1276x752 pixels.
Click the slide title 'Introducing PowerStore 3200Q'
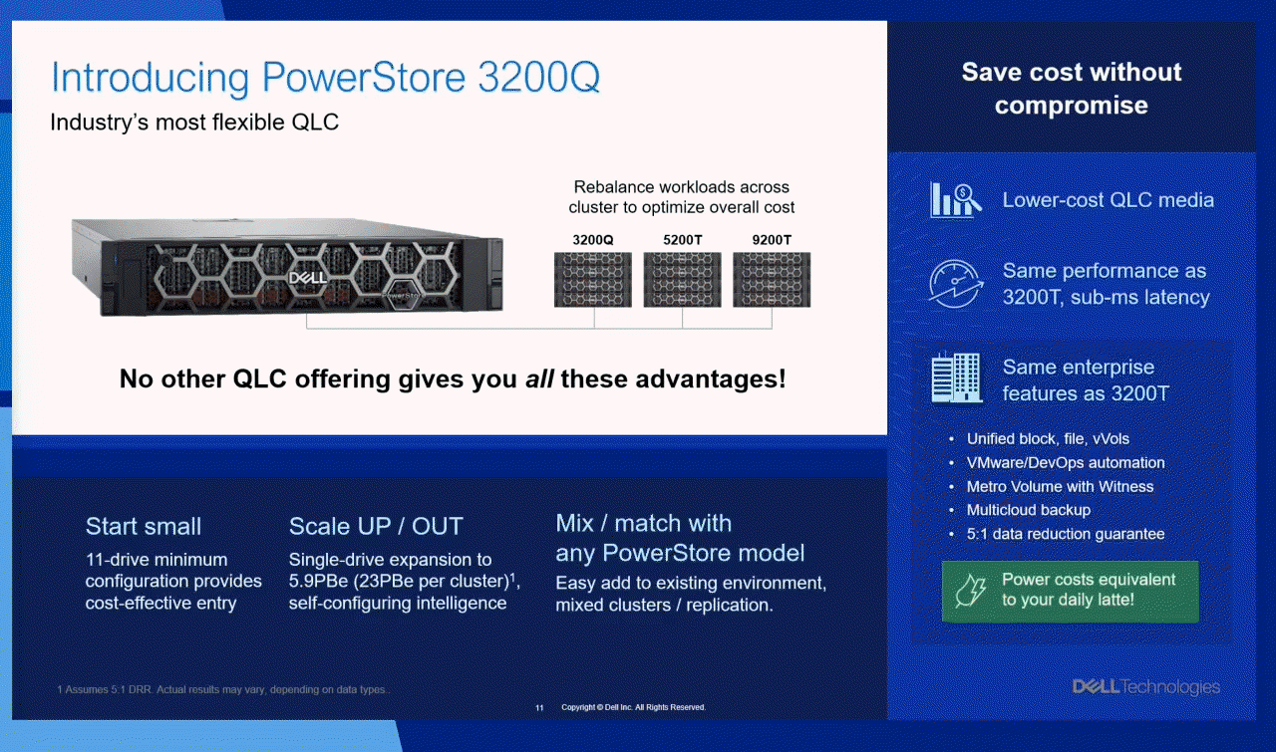point(325,78)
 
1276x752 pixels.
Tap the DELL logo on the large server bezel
point(308,278)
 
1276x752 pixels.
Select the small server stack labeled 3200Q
point(593,280)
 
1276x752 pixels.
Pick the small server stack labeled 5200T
point(683,280)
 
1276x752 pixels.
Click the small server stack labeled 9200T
point(772,280)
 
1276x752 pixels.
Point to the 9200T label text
point(772,240)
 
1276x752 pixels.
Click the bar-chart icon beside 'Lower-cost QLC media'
point(955,200)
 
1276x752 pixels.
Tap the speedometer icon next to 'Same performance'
point(955,284)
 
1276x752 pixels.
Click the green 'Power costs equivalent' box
point(1071,591)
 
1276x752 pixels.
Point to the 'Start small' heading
point(144,526)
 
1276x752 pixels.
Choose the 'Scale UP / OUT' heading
point(376,526)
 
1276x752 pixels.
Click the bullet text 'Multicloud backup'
point(1029,510)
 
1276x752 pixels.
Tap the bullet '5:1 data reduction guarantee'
point(1066,534)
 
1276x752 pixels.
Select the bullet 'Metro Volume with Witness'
point(1060,487)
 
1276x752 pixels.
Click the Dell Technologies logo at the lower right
point(1146,687)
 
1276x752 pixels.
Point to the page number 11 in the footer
point(539,707)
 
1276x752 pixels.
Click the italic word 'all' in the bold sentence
point(539,378)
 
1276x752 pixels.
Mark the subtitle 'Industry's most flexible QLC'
point(194,123)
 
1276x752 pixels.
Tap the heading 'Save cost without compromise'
point(1072,89)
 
